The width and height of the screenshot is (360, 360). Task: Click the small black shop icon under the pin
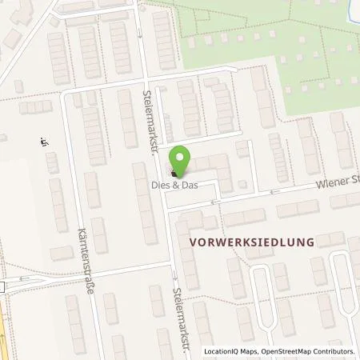[174, 174]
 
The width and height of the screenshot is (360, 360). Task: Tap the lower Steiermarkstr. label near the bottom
[182, 317]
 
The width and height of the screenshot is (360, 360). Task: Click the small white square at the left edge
[2, 286]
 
